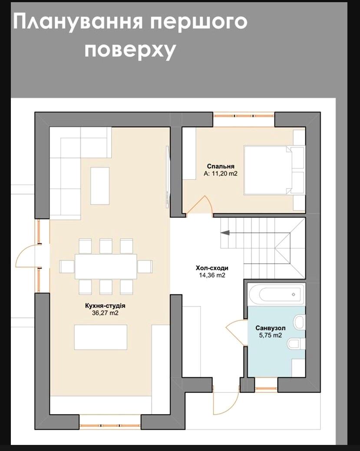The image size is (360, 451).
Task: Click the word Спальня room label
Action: coord(221,166)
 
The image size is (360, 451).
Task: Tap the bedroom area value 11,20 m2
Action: coord(221,174)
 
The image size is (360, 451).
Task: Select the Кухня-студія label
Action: coord(102,306)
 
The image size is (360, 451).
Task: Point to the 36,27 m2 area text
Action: coord(102,313)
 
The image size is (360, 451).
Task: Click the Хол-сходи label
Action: coord(212,268)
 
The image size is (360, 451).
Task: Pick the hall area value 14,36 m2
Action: coord(212,275)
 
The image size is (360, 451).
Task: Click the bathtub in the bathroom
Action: coord(276,294)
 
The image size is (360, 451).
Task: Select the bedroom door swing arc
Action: coord(200,205)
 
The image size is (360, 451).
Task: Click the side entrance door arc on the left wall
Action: coord(26,256)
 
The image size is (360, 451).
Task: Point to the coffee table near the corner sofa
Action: coord(100,186)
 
